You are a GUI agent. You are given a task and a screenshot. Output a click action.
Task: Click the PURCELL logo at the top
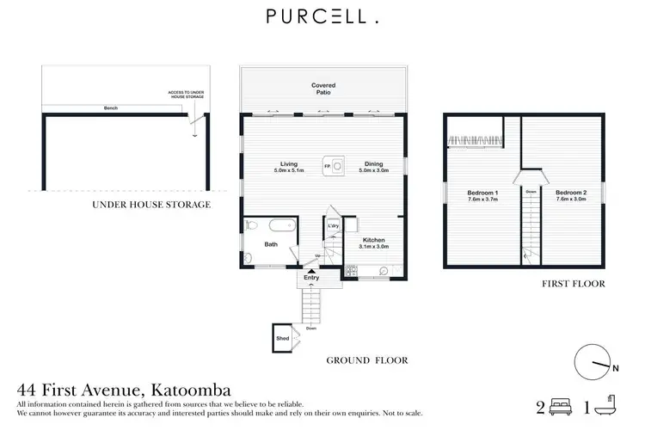tap(322, 16)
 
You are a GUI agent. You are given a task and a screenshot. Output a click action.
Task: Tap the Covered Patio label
tap(323, 89)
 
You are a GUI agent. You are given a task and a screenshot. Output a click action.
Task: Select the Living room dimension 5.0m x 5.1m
tap(287, 171)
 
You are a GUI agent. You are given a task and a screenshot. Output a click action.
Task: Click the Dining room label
tap(373, 164)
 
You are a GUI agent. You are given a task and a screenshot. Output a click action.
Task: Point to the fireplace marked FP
tap(327, 165)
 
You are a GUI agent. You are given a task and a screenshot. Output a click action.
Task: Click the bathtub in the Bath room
tap(281, 228)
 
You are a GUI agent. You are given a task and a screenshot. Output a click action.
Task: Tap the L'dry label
tap(334, 227)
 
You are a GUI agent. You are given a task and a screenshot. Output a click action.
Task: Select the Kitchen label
tap(373, 240)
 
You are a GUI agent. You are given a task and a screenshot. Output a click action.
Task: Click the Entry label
tap(310, 278)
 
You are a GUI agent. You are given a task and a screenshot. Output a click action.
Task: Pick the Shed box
tap(282, 339)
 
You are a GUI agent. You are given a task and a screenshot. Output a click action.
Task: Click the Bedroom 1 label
tap(482, 193)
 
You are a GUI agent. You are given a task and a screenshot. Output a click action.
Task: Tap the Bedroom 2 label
tap(570, 193)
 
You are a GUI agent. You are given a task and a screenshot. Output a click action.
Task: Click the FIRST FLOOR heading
tap(574, 283)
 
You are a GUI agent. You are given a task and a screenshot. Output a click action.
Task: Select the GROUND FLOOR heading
tap(367, 360)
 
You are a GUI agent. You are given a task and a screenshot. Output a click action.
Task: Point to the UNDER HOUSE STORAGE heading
tap(151, 205)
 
